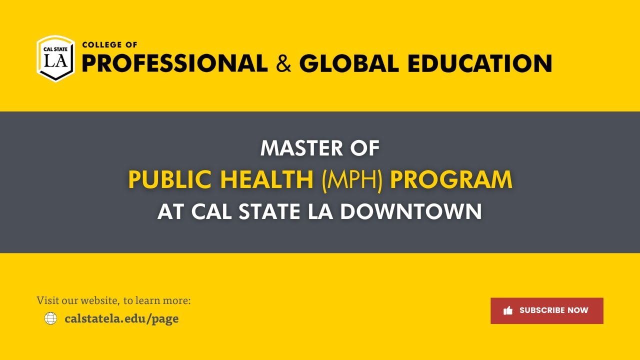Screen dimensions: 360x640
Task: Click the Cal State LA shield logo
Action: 55,58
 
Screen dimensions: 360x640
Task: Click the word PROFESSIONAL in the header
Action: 174,63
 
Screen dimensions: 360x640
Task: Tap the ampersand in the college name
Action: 283,64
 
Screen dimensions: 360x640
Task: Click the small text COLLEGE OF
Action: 109,44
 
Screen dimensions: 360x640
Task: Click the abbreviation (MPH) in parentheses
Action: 352,180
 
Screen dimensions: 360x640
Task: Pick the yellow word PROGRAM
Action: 451,180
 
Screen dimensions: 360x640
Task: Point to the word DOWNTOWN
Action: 411,211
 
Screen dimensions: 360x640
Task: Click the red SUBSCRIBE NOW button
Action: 546,310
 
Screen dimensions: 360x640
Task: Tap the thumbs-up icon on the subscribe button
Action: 508,310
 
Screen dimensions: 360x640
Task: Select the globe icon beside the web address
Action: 50,318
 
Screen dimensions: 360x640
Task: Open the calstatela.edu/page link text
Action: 121,318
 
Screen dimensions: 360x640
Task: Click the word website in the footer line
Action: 99,300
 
